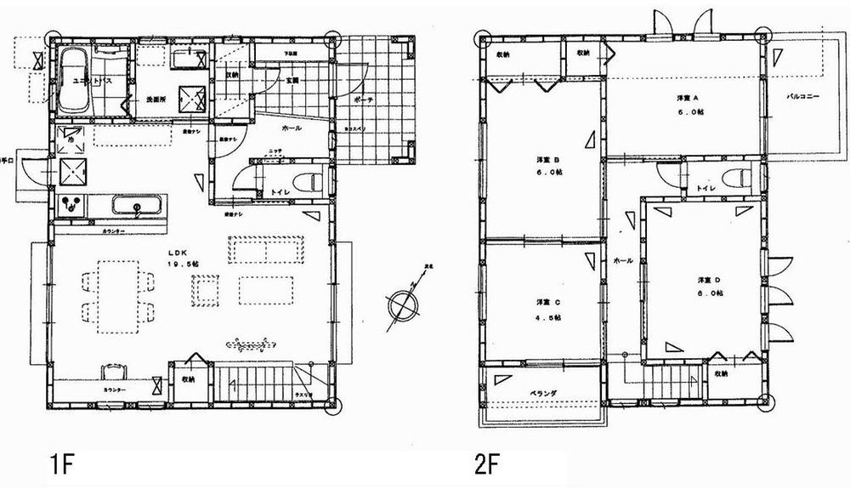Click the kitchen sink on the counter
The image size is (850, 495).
(132, 206)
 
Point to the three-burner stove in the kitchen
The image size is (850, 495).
(72, 205)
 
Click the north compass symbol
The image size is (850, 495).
(402, 304)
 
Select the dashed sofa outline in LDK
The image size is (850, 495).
(264, 250)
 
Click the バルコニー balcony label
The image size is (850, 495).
(802, 97)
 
